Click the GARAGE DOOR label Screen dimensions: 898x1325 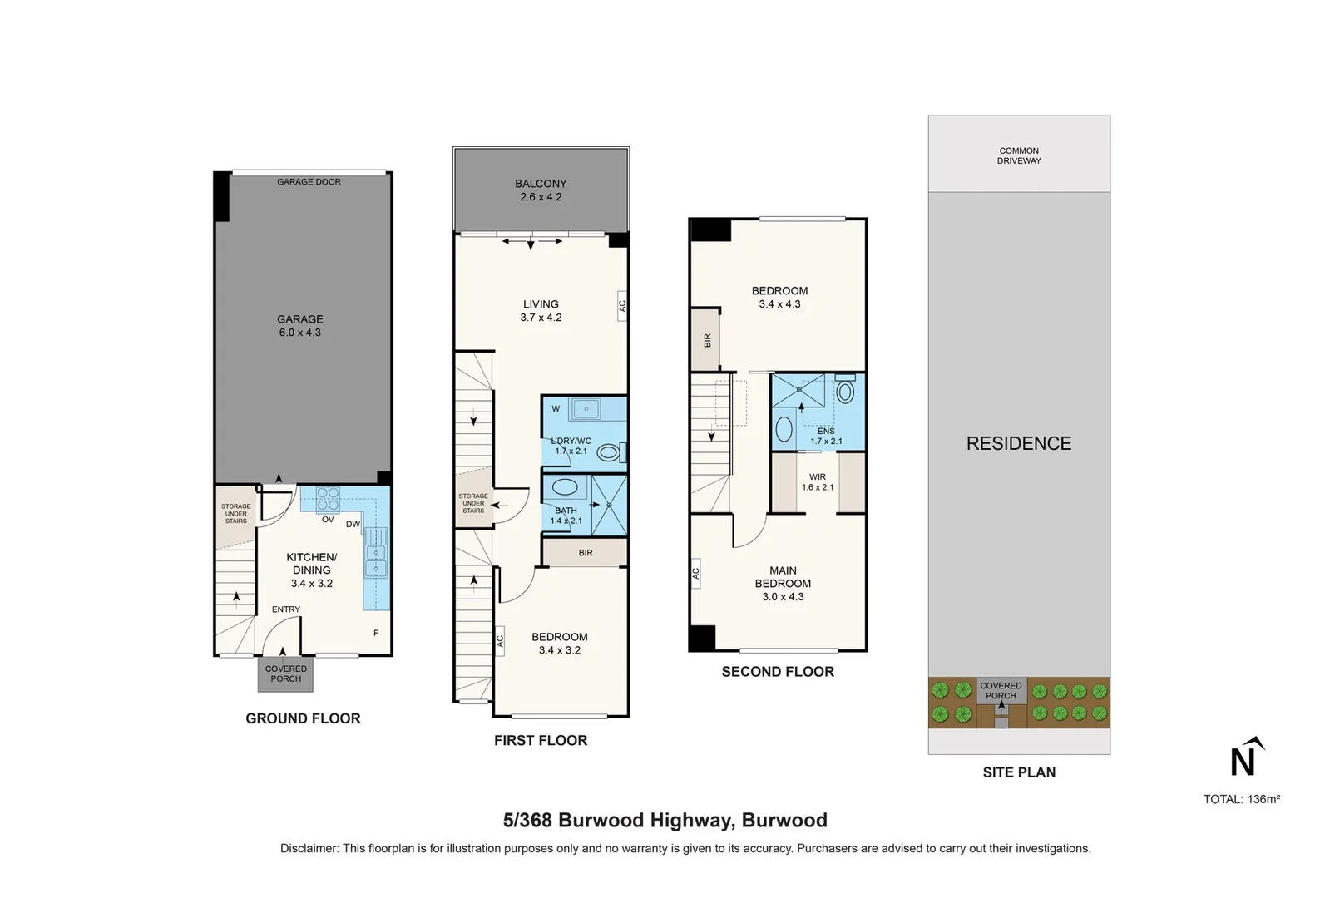[309, 181]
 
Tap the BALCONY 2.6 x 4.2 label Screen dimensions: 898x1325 [541, 190]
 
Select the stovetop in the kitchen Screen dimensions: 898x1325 [328, 497]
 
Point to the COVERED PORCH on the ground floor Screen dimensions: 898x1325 [285, 673]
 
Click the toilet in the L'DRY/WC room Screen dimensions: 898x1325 [610, 453]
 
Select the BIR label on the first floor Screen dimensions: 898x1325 [586, 553]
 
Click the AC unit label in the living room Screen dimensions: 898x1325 [622, 306]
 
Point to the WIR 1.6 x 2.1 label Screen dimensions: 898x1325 [818, 482]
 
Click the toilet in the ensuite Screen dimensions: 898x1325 [845, 392]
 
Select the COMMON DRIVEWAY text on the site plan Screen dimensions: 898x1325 [1019, 155]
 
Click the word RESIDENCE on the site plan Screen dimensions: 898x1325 [1019, 443]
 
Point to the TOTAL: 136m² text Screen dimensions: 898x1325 [1241, 799]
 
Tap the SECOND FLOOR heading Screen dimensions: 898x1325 [778, 672]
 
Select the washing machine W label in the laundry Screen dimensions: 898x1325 [556, 408]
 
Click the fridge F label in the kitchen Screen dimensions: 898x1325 [376, 633]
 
